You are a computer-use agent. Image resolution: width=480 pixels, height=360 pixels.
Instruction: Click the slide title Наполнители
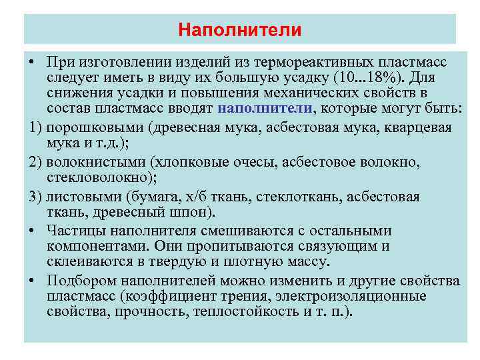[240, 30]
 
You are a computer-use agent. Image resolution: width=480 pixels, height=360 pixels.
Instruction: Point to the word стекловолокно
[90, 178]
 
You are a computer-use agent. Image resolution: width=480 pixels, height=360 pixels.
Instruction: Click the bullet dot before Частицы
[32, 230]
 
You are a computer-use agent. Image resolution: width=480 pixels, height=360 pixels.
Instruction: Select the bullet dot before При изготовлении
[32, 62]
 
